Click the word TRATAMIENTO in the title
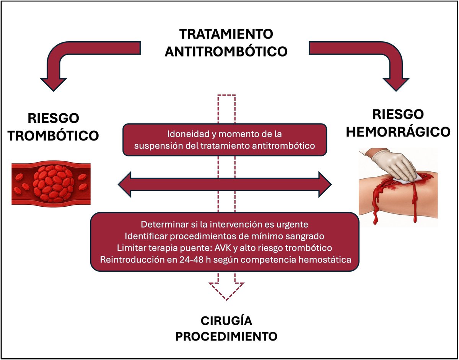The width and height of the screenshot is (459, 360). click(226, 34)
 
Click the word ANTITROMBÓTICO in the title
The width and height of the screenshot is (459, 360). click(226, 51)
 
